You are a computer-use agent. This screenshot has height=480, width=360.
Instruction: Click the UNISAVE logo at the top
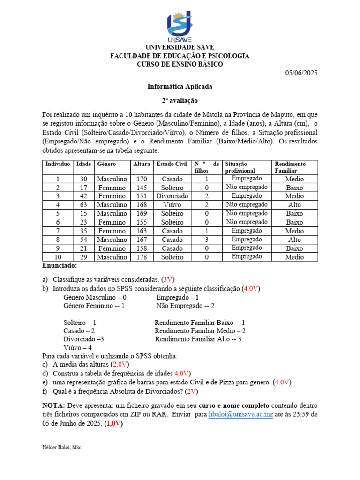(180, 26)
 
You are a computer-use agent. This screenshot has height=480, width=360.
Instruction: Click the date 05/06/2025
(301, 73)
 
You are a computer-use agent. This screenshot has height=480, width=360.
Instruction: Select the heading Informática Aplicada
(180, 86)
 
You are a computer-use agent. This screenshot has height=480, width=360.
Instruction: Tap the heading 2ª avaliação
(180, 100)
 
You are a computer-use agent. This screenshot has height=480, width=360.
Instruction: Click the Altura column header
(142, 164)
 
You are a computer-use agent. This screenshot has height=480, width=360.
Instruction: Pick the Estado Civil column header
(172, 164)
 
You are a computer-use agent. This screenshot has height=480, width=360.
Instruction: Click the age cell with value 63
(83, 204)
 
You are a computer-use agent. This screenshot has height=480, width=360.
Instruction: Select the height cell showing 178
(142, 256)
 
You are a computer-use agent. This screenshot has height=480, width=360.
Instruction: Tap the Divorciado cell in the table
(172, 196)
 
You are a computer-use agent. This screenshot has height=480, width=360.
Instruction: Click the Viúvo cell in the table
(172, 204)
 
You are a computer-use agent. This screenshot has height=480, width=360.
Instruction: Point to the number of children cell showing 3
(206, 239)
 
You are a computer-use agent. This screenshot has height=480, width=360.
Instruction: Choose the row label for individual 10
(58, 256)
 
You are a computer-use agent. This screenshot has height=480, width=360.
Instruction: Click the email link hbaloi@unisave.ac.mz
(240, 414)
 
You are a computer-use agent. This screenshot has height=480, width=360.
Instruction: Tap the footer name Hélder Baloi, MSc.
(62, 448)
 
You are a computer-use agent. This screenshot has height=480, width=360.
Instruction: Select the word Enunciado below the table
(60, 265)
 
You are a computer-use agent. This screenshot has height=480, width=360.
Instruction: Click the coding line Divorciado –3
(83, 339)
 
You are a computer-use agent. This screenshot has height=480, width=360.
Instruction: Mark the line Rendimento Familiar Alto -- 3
(198, 339)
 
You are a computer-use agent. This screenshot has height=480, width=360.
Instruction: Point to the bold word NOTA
(53, 405)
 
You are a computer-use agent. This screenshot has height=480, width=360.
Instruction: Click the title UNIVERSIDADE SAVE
(180, 47)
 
